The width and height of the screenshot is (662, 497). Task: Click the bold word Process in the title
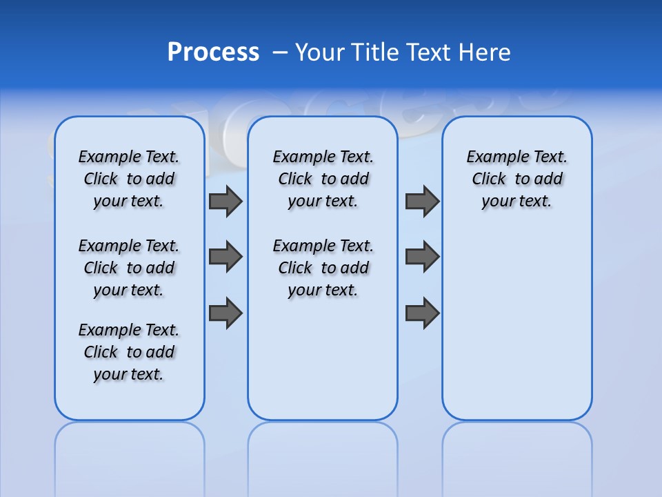tap(213, 52)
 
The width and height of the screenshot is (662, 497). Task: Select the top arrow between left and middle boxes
tap(225, 201)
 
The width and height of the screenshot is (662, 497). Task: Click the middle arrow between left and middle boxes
tap(225, 257)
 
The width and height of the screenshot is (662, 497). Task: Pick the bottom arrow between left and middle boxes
tap(225, 313)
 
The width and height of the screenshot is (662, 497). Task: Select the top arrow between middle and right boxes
tap(422, 201)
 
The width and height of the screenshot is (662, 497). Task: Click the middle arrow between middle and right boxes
tap(422, 257)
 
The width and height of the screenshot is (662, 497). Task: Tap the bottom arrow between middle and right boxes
tap(422, 313)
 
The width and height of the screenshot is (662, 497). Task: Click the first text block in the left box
tap(129, 179)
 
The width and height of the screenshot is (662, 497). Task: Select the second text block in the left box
tap(129, 268)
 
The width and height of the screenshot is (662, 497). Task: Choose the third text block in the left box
tap(129, 352)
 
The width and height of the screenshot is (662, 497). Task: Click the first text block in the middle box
tap(323, 179)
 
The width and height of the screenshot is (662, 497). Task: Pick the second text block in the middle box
tap(323, 268)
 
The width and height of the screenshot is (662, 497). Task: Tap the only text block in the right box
tap(517, 179)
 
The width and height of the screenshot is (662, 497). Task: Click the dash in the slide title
tap(280, 52)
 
